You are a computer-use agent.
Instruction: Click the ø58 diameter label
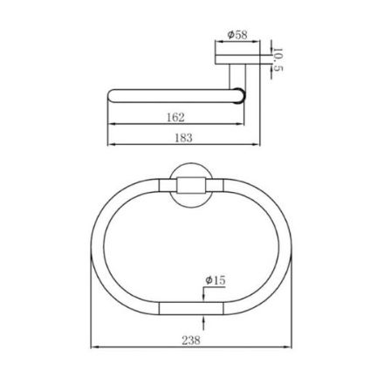pyautogui.click(x=237, y=35)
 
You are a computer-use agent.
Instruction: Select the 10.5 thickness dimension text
pyautogui.click(x=278, y=60)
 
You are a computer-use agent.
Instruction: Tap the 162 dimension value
pyautogui.click(x=175, y=117)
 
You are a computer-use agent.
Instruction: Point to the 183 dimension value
pyautogui.click(x=183, y=137)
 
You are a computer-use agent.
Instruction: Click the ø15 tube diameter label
pyautogui.click(x=216, y=280)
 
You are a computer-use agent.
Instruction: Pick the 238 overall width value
pyautogui.click(x=191, y=340)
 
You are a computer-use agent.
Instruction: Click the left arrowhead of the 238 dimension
pyautogui.click(x=94, y=346)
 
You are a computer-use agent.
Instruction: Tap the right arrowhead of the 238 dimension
pyautogui.click(x=288, y=346)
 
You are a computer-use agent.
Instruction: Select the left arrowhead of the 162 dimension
pyautogui.click(x=111, y=124)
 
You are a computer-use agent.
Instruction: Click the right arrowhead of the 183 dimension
pyautogui.click(x=257, y=144)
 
